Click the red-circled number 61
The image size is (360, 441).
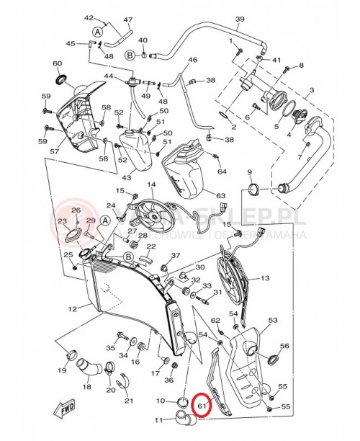(x=202, y=406)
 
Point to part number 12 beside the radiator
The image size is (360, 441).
(x=73, y=309)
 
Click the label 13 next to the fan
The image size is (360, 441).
(x=265, y=277)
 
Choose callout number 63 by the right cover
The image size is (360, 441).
(x=220, y=195)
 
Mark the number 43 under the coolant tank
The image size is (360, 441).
(x=127, y=177)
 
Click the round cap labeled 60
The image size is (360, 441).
(x=59, y=77)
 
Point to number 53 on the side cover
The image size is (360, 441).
(x=272, y=320)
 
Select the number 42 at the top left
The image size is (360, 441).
(x=90, y=17)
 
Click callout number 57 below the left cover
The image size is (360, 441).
(x=54, y=152)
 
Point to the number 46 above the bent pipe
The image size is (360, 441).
(x=192, y=60)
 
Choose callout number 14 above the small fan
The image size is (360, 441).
(x=151, y=184)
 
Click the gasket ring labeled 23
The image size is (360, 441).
(x=73, y=234)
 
